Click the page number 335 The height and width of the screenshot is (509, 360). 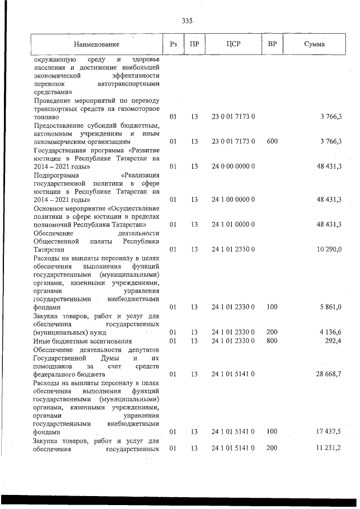(x=187, y=21)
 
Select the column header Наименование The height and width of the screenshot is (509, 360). (x=96, y=44)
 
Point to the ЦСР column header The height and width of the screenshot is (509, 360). (x=233, y=44)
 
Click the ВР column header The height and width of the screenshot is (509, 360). (x=272, y=44)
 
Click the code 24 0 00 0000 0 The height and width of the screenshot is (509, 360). (x=233, y=166)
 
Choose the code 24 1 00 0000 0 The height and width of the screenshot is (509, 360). (x=233, y=200)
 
